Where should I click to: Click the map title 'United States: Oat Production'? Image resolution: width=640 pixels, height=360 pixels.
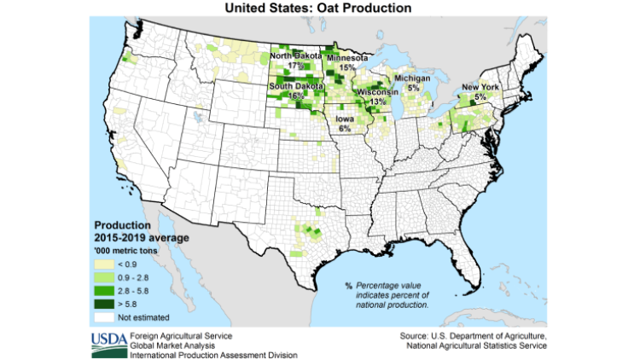point(317,8)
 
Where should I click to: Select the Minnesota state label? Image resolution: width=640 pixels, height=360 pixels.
point(346,57)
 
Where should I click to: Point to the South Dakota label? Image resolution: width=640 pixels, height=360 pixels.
point(294,87)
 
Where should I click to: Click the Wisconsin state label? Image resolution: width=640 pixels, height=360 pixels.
point(377,91)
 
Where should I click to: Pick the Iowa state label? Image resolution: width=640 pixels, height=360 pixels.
point(346,119)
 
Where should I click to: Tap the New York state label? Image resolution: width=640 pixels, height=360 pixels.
point(480,87)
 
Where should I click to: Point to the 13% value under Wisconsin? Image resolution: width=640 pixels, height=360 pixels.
point(377,101)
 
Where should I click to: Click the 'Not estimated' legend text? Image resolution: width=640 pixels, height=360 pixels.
point(142,317)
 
